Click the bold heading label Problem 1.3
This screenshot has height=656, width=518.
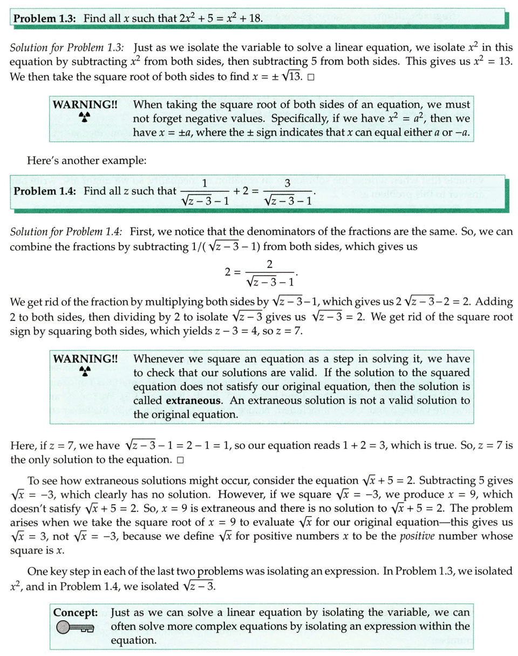48,18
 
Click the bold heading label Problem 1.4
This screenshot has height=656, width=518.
48,191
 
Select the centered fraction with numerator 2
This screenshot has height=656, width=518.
268,273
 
